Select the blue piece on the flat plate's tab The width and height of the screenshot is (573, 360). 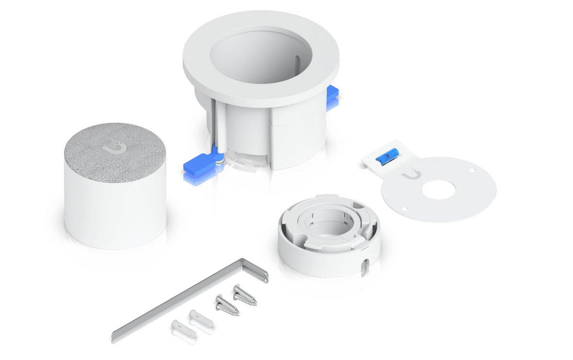[385, 159]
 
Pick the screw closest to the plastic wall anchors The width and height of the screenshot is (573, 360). [226, 304]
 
